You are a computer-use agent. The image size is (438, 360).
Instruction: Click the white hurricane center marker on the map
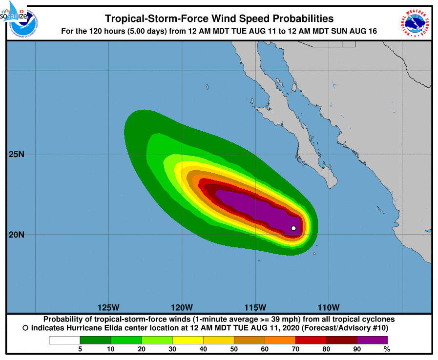293,228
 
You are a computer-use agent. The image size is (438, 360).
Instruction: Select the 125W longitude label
108,307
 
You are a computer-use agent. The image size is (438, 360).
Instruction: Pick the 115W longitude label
255,307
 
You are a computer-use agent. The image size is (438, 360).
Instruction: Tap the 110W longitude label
328,307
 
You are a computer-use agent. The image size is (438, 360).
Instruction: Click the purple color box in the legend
372,340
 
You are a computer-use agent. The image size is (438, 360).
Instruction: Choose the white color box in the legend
64,340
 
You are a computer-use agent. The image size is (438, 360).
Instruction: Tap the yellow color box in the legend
188,340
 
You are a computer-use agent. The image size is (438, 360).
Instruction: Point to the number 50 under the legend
234,349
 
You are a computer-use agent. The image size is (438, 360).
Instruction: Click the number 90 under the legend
357,349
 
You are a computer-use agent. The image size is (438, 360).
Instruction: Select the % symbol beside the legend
387,349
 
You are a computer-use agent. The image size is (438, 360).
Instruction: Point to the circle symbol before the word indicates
25,328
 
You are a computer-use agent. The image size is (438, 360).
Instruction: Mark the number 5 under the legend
80,349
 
